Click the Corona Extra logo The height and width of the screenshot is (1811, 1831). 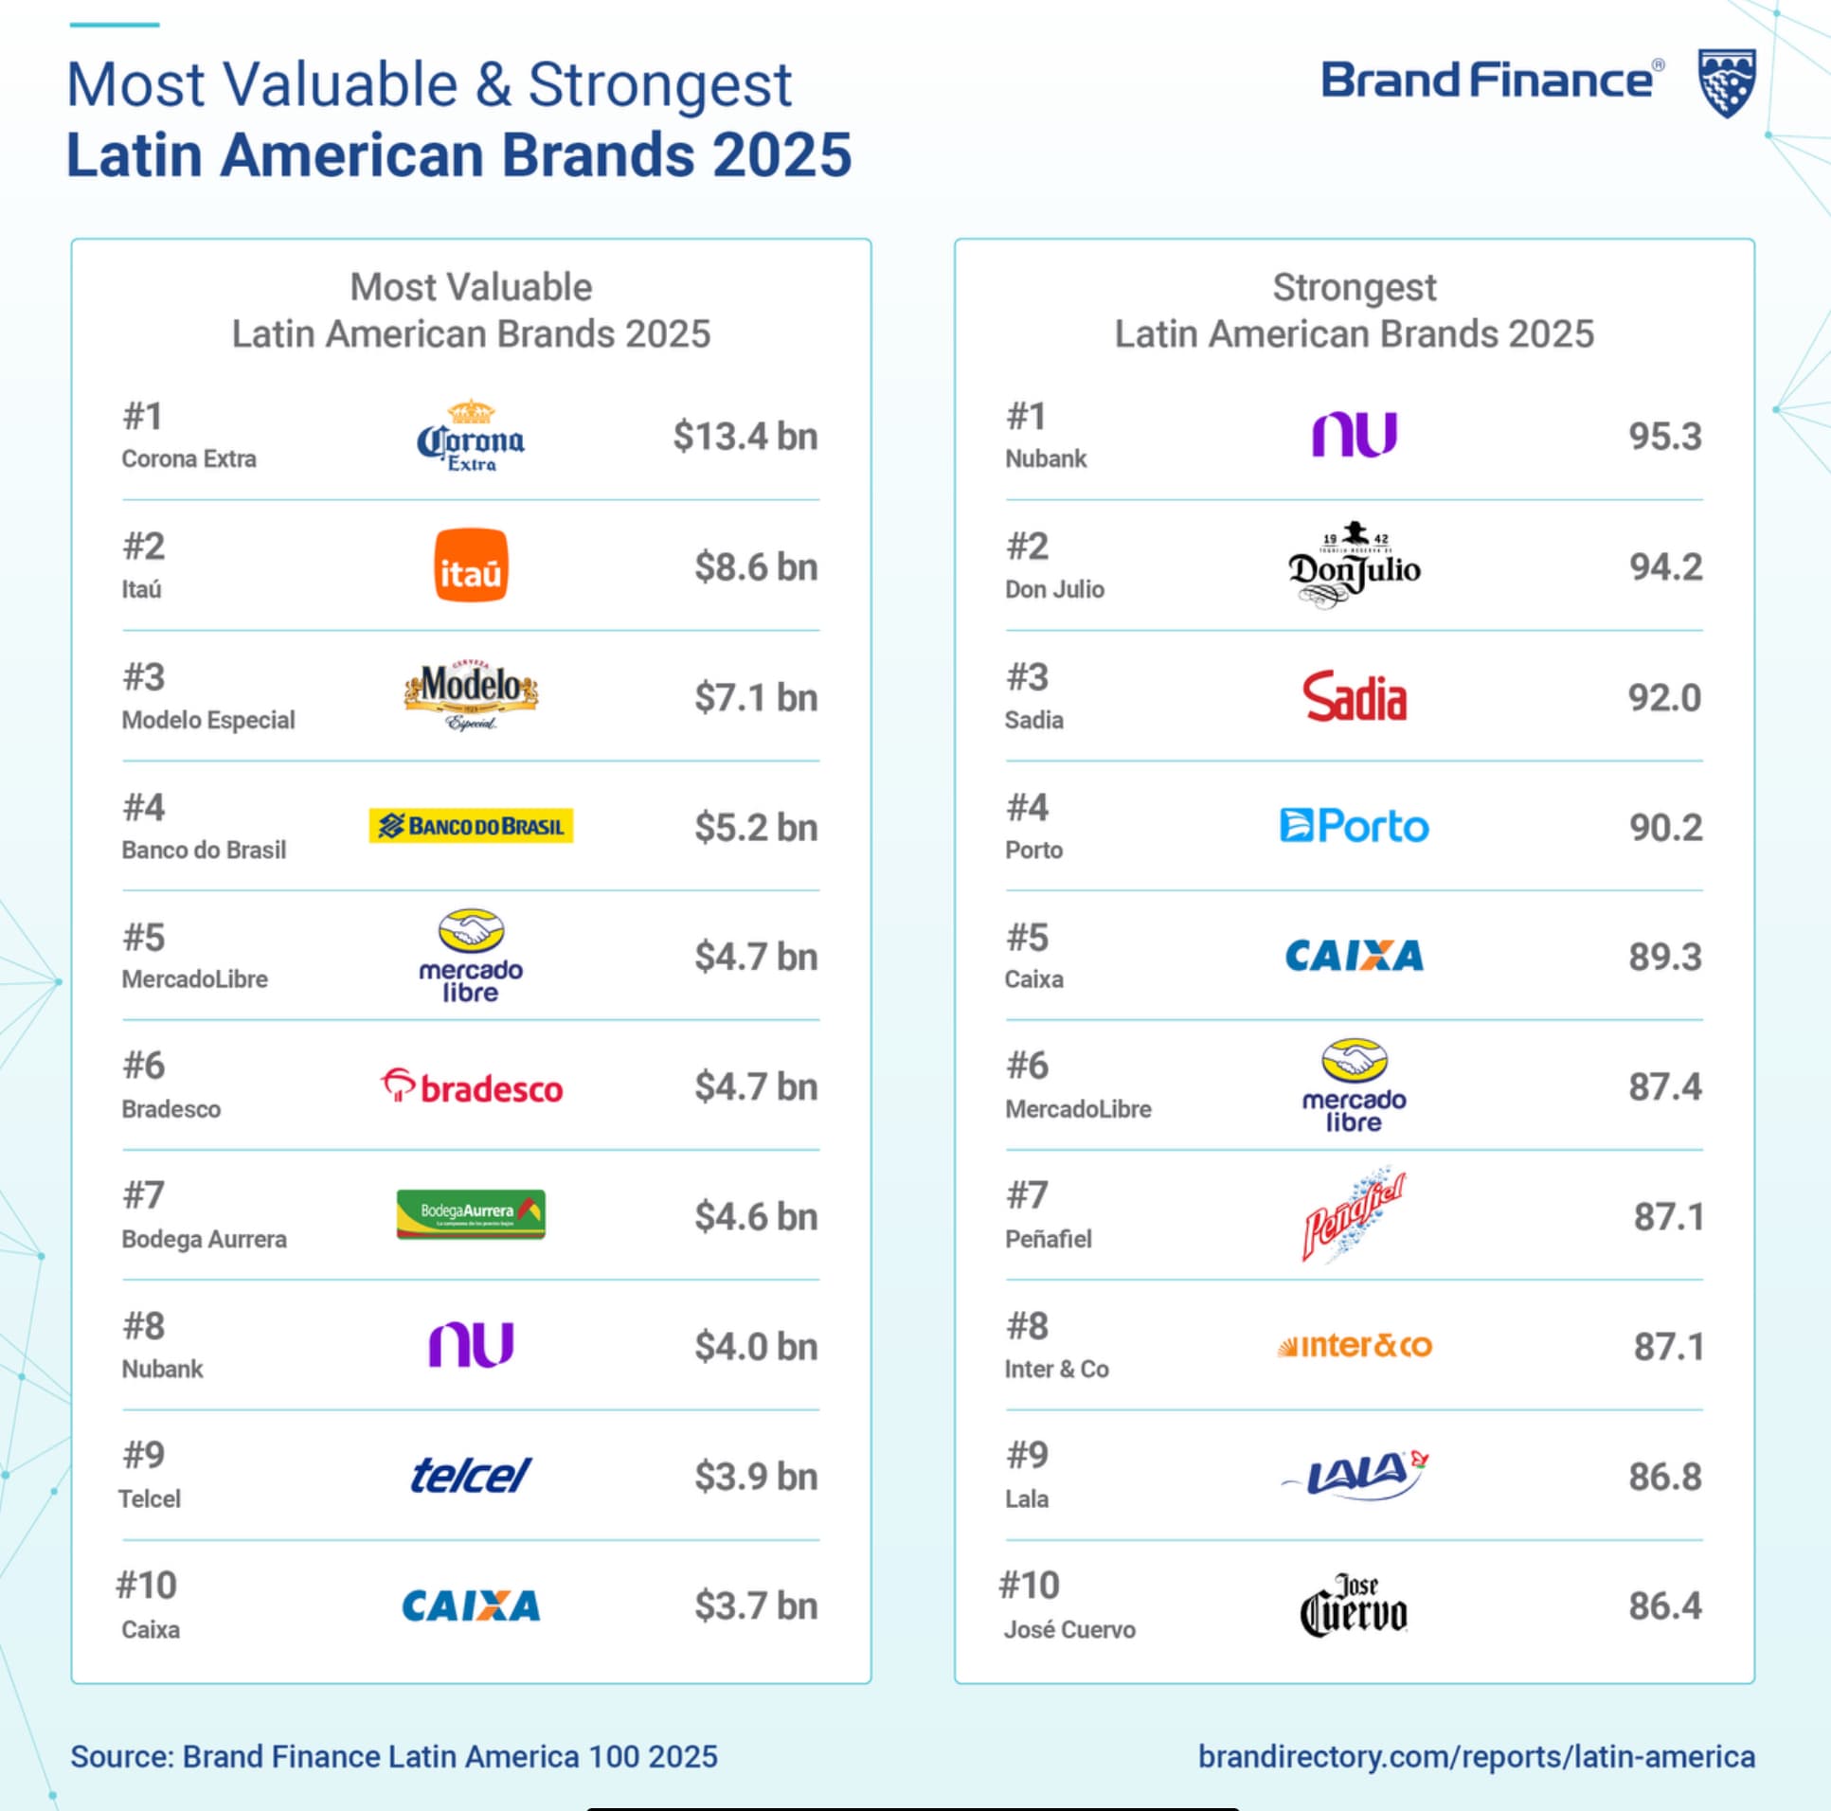[x=471, y=436]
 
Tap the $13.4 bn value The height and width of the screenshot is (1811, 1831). [x=745, y=436]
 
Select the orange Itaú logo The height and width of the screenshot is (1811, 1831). [x=471, y=565]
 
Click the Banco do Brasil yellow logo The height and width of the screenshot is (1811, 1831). [x=471, y=826]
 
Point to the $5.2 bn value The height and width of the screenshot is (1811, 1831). [x=755, y=827]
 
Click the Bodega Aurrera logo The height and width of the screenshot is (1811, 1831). [x=471, y=1214]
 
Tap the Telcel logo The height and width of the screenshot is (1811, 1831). [x=471, y=1476]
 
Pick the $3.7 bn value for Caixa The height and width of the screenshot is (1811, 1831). [x=755, y=1606]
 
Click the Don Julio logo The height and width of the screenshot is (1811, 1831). [x=1354, y=565]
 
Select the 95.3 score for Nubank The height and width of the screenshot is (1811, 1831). [x=1665, y=436]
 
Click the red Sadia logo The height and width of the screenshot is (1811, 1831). [x=1355, y=696]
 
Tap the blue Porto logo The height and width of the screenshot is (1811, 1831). [x=1355, y=826]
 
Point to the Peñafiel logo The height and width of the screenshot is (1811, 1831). [x=1354, y=1215]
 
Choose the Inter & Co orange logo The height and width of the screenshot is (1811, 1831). [x=1355, y=1346]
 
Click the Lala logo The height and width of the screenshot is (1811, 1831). [x=1355, y=1475]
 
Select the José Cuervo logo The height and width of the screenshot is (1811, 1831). [x=1354, y=1605]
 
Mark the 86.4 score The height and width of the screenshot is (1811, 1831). [x=1665, y=1606]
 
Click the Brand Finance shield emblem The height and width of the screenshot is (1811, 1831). [x=1726, y=83]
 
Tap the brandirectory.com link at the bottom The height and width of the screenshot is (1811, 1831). [x=1476, y=1756]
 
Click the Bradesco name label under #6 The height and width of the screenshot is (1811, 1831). [x=171, y=1109]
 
